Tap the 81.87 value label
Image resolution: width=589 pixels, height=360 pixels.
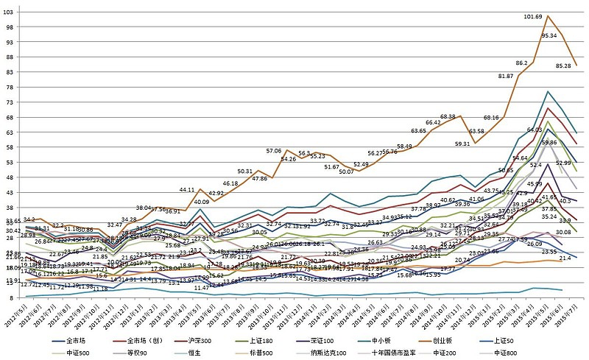pos(506,76)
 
